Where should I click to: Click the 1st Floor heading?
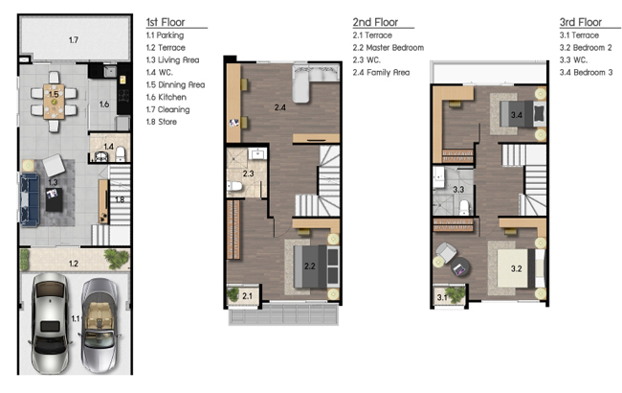click(x=166, y=22)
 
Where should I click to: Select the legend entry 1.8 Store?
click(x=162, y=122)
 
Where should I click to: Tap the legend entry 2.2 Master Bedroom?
click(x=389, y=48)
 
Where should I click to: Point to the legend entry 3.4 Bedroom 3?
click(x=586, y=72)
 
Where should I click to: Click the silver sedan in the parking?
click(x=50, y=322)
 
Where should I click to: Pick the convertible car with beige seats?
click(x=100, y=325)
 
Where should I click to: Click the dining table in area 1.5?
click(x=54, y=102)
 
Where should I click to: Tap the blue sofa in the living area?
click(x=30, y=199)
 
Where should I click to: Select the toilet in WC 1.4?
click(x=121, y=154)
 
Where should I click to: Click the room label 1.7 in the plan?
click(x=74, y=39)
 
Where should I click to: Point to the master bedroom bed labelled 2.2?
click(x=317, y=266)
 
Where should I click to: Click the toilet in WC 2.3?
click(x=234, y=186)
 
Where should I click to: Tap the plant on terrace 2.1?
click(x=233, y=294)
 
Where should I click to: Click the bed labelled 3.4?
click(x=522, y=114)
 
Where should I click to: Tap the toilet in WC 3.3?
click(x=464, y=207)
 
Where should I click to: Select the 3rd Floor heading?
click(x=580, y=22)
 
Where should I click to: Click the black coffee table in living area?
click(x=54, y=199)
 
